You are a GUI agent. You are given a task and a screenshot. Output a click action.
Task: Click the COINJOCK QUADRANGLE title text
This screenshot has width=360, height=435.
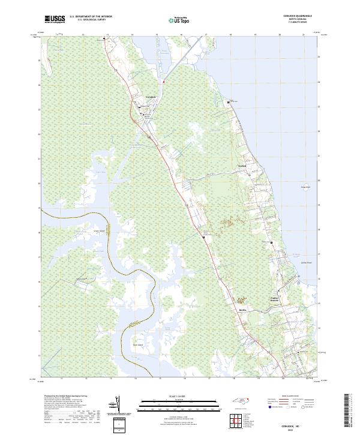[x=300, y=16]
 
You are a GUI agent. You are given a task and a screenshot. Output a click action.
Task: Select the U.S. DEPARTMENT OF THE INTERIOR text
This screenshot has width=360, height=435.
[x=91, y=16]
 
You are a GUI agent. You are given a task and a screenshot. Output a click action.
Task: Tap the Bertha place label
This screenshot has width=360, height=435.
[x=243, y=310]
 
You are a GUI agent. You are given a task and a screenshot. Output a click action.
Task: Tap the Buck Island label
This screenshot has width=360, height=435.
[x=137, y=345]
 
